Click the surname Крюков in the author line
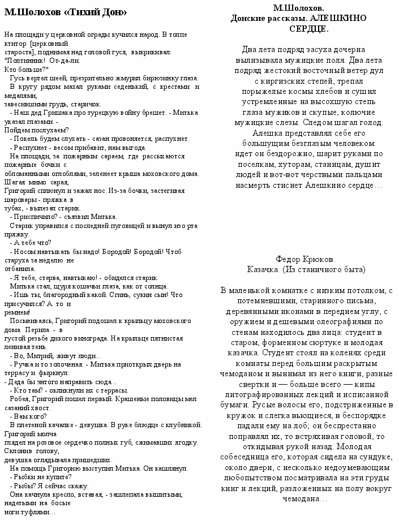pos(320,259)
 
